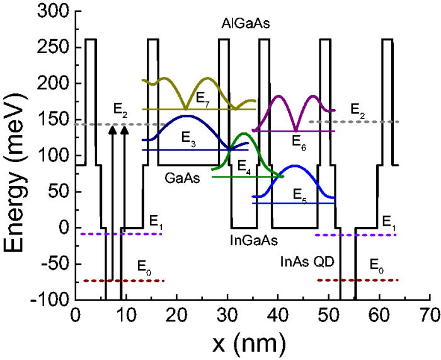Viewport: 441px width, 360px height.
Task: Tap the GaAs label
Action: [x=180, y=178]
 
